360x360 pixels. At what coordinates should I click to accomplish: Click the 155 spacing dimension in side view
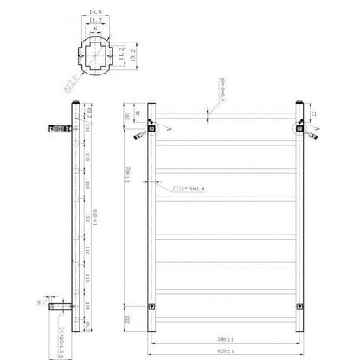[x=87, y=215]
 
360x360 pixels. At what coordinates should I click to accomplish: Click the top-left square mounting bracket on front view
[x=151, y=131]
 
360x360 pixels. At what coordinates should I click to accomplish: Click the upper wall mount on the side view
[x=53, y=130]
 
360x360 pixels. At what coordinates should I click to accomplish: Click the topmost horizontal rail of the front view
[x=227, y=119]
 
